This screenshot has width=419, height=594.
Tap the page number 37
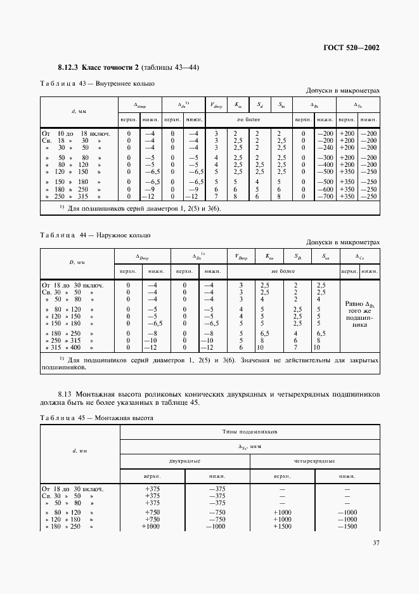click(375, 542)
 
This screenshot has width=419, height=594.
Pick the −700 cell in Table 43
click(325, 197)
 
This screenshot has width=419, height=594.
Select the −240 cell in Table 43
click(325, 147)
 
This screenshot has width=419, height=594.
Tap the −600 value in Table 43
click(325, 189)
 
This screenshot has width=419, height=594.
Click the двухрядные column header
click(184, 460)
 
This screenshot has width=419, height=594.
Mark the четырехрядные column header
click(314, 460)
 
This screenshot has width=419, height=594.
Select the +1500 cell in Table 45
click(282, 527)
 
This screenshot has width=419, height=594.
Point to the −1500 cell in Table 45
click(347, 527)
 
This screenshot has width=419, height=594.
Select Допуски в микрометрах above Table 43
click(342, 91)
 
